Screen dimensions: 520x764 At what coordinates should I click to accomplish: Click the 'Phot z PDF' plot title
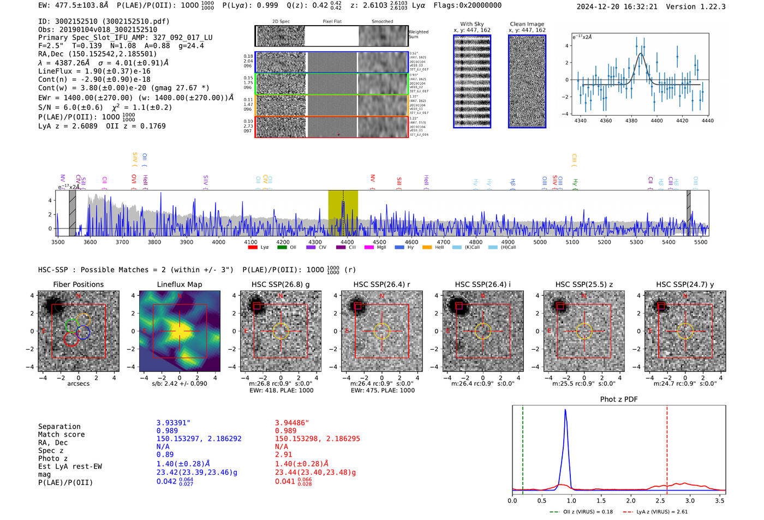[619, 399]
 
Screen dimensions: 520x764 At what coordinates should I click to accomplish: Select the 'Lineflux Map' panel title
[179, 284]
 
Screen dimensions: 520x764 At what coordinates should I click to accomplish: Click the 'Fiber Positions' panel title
[78, 284]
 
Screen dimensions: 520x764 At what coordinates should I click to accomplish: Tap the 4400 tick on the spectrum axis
[347, 242]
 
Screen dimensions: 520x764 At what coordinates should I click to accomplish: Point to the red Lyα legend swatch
[253, 247]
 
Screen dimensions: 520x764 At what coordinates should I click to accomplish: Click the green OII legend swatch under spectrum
[282, 247]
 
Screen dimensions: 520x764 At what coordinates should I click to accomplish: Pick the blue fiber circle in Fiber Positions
[83, 332]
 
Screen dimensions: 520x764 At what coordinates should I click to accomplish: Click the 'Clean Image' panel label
[527, 24]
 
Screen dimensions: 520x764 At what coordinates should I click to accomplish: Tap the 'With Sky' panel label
[472, 24]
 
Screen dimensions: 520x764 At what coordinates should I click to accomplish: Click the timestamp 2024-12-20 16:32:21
[617, 7]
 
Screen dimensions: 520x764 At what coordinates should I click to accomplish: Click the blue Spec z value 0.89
[165, 455]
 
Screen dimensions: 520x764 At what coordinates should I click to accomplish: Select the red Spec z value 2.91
[283, 455]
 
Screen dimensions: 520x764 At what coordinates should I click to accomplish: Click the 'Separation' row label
[59, 426]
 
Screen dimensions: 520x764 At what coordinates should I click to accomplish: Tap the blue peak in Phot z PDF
[565, 410]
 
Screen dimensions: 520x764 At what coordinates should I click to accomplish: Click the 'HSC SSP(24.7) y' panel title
[685, 284]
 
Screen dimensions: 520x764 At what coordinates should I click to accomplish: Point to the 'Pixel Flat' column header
[332, 21]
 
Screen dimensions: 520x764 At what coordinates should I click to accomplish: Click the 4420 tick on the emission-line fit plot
[682, 121]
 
